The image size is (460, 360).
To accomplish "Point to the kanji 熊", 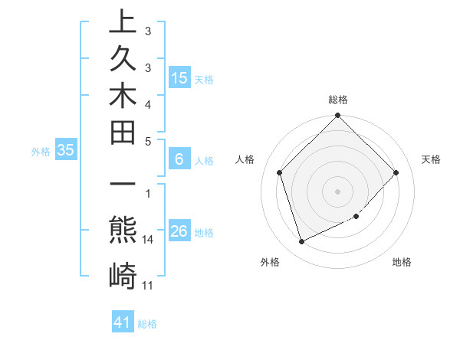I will tap(123, 230).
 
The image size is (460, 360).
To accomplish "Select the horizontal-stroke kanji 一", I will tap(123, 186).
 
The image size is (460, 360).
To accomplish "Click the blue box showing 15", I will tap(179, 77).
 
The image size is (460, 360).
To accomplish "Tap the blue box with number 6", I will tap(179, 159).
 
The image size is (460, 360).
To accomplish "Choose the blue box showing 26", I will tap(179, 231).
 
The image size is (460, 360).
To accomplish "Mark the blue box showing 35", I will tap(66, 151).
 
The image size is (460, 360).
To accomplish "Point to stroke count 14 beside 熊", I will tap(149, 240).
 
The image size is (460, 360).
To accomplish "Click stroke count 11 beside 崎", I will tap(149, 286).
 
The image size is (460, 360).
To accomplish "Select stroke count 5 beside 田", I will tap(148, 141).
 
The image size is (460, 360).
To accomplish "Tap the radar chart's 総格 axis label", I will tap(338, 100).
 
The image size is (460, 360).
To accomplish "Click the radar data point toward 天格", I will tap(396, 172).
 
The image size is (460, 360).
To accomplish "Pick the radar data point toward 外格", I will tap(302, 242).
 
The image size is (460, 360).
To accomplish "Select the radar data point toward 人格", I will tap(280, 172).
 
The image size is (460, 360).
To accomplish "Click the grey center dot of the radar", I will tap(338, 191).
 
